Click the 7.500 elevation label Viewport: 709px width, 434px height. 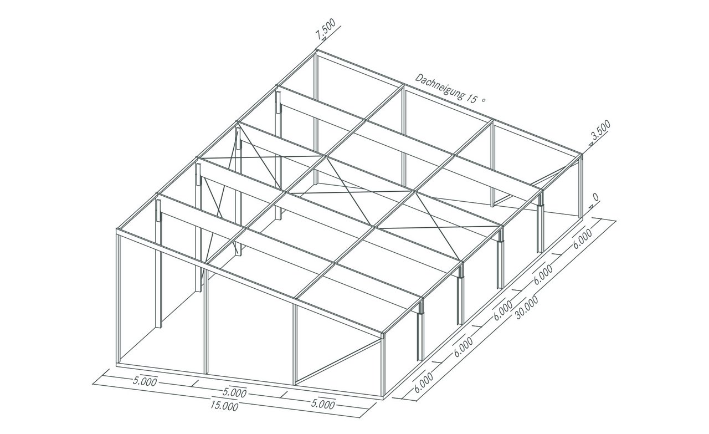[326, 29]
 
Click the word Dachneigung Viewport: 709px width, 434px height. [440, 87]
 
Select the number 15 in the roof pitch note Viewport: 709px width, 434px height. [471, 98]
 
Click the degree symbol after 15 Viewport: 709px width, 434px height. [483, 100]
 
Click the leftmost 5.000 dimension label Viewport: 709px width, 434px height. [145, 382]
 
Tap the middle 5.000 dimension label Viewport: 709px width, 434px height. [234, 393]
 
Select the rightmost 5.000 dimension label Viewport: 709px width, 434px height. [322, 404]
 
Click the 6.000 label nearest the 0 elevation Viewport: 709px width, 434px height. [582, 239]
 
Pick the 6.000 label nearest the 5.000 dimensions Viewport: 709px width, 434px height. [423, 383]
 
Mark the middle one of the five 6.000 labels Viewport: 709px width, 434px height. [503, 311]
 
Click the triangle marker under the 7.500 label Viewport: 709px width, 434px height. [324, 39]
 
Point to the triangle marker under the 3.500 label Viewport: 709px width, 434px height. [590, 144]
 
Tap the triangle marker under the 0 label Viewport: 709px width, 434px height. [591, 206]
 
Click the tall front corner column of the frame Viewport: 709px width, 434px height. [119, 298]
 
